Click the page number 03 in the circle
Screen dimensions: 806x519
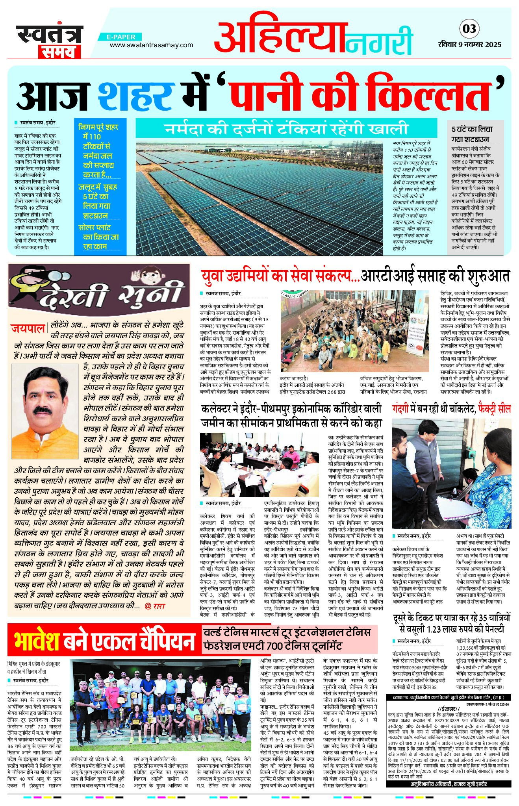coord(469,29)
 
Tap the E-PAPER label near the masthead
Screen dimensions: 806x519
coord(121,37)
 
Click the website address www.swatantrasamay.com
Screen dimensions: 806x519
coord(151,45)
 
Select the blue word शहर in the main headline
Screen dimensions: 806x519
coord(136,96)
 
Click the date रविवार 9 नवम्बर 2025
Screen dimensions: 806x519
coord(469,44)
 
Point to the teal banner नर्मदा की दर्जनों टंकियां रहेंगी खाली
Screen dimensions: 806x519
coord(286,128)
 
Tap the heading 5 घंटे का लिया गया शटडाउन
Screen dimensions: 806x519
coord(472,134)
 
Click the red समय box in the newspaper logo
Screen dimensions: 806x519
coord(59,51)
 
